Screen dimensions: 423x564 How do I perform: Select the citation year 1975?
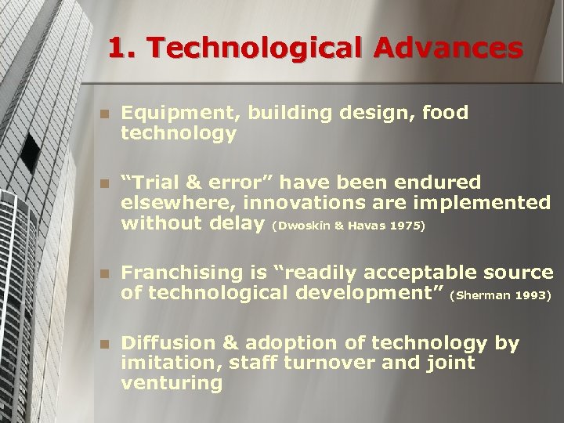pyautogui.click(x=410, y=226)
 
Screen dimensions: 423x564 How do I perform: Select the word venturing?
pyautogui.click(x=172, y=384)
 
